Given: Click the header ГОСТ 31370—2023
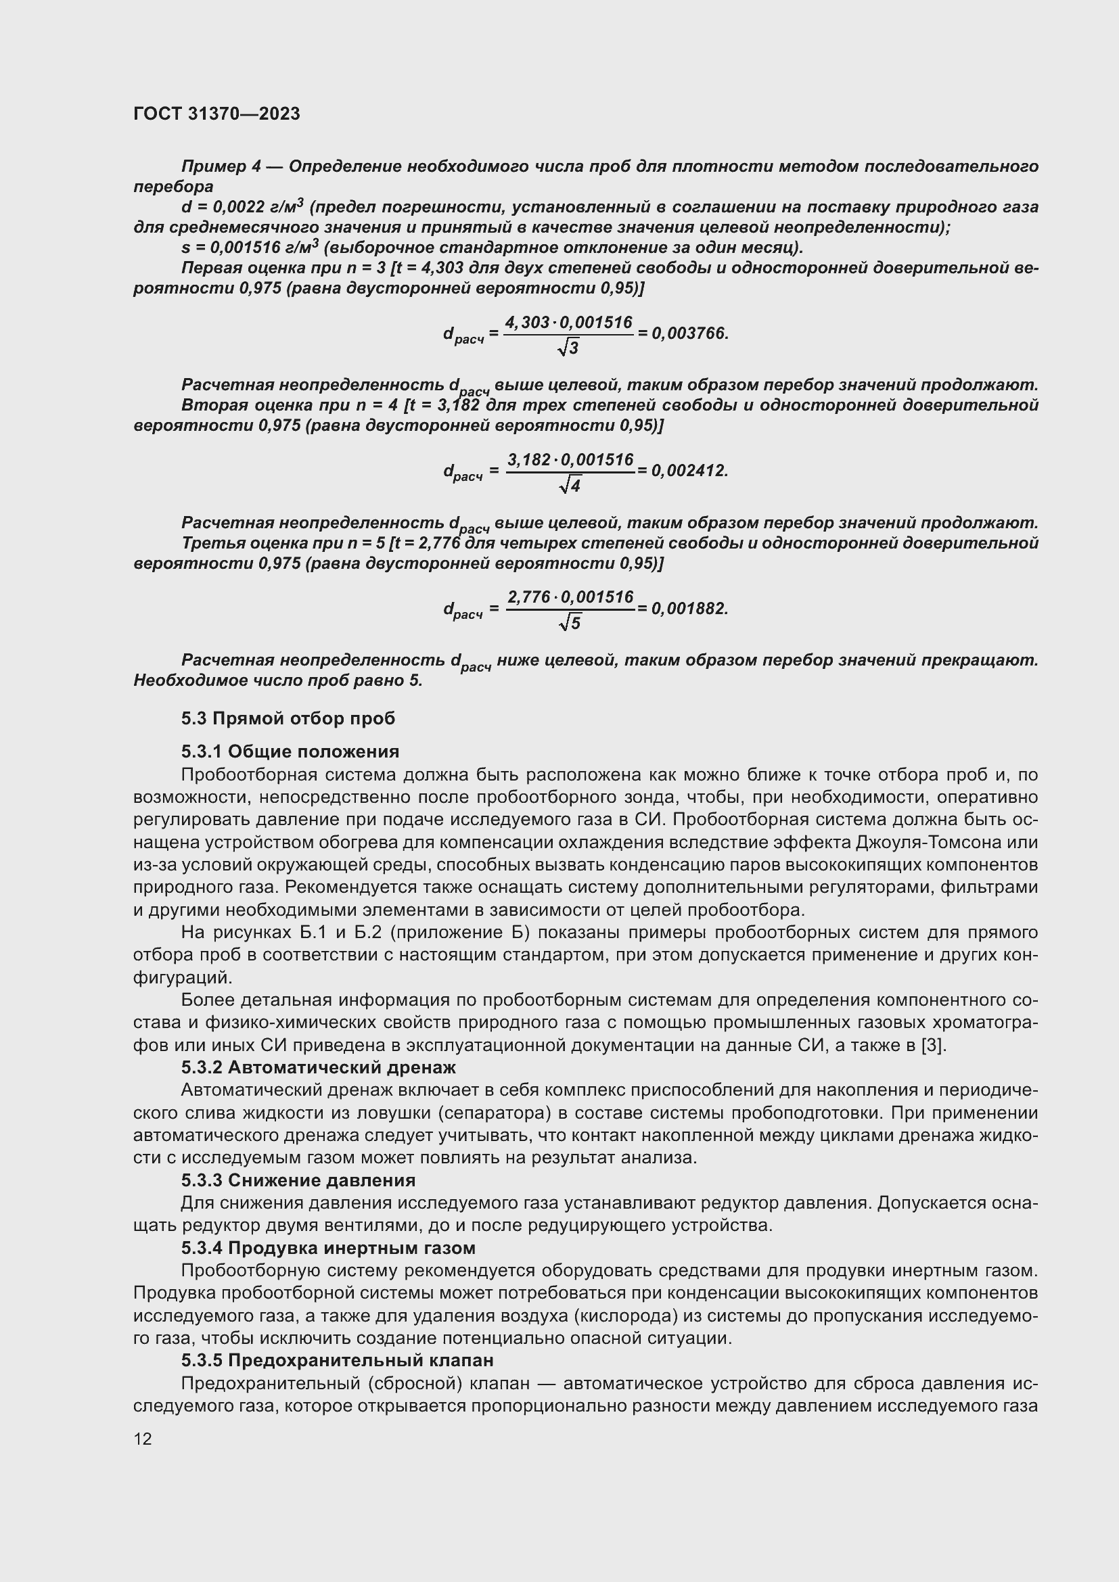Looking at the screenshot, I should click(216, 114).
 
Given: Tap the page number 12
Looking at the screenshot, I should click(143, 1439).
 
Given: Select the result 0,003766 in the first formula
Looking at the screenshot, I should click(689, 333).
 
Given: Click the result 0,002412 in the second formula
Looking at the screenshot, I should click(689, 471).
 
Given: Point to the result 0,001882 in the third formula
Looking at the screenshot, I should click(689, 609).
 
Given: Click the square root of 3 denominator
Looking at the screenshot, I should click(568, 348).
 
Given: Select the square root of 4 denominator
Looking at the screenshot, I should click(570, 486).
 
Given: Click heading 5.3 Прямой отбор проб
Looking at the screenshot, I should click(288, 719).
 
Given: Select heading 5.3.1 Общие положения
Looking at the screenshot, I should click(290, 751).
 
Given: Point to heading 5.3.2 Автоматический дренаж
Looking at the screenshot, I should click(319, 1067).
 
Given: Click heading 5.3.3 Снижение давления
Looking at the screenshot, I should click(298, 1180).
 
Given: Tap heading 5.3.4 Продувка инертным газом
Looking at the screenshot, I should click(328, 1248).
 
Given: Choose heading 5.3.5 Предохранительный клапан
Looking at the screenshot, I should click(338, 1360).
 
